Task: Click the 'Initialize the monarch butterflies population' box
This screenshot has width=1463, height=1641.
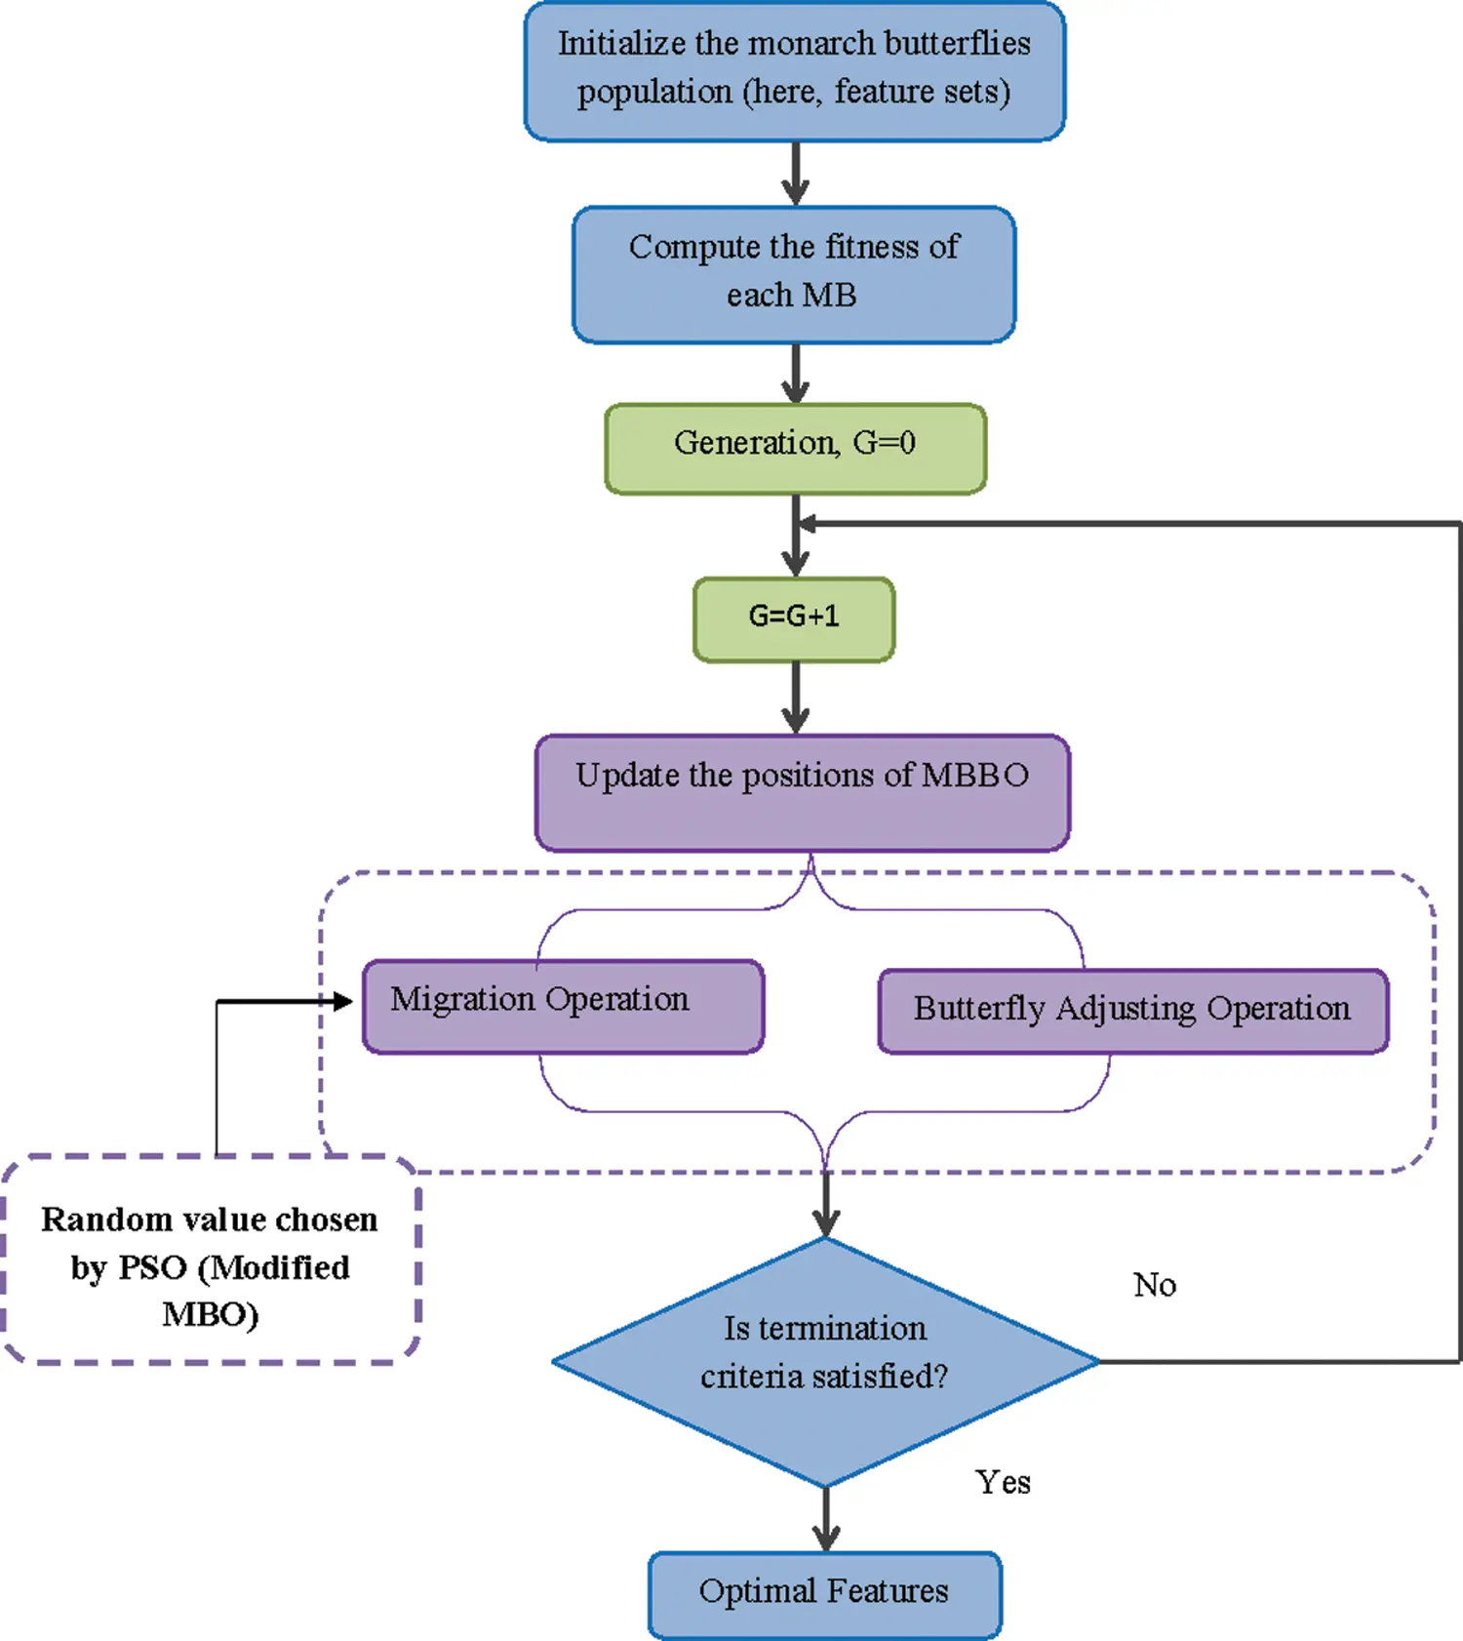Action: coord(794,70)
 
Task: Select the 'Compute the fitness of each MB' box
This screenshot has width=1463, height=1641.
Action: coord(794,274)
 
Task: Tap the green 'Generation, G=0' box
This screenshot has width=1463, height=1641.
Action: coord(795,448)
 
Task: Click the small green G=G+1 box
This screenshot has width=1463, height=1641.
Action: coord(794,619)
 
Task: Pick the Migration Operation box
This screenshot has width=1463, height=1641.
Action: coord(563,1006)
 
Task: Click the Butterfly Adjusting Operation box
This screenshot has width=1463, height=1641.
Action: coord(1132,1011)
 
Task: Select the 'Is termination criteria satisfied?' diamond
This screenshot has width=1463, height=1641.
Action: coord(825,1361)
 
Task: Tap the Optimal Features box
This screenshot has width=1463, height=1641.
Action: coord(824,1594)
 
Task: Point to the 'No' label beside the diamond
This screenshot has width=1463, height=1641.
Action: coord(1155,1285)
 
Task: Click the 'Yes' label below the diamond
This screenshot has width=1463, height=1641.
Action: coord(1003,1482)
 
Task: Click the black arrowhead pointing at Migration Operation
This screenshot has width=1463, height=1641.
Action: coord(342,1001)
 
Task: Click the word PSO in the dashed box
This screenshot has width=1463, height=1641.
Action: coord(151,1267)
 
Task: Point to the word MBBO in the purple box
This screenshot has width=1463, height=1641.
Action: coord(974,775)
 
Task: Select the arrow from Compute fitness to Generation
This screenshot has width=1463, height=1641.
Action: coord(796,374)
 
